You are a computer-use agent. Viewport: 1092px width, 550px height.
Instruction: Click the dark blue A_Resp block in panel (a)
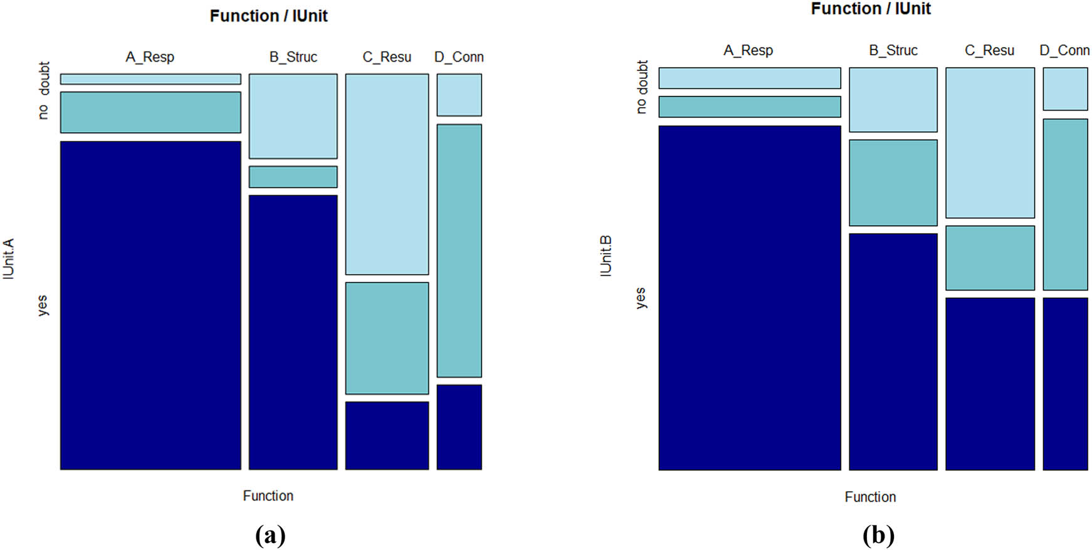150,305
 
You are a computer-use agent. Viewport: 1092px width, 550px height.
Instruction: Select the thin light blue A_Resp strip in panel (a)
150,79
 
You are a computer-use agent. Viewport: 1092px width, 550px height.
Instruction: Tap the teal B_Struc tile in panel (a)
293,177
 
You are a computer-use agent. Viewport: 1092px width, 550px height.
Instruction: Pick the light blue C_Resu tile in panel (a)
387,174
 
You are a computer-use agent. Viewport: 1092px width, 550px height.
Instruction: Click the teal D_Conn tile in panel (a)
459,251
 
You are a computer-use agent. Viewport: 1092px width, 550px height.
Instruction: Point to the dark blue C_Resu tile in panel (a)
387,435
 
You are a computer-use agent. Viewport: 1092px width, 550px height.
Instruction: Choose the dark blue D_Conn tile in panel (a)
459,427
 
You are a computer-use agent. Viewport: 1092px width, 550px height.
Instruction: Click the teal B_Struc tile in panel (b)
893,182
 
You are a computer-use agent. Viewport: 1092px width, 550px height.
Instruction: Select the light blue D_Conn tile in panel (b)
1064,89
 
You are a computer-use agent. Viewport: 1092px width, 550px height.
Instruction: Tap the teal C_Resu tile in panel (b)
990,257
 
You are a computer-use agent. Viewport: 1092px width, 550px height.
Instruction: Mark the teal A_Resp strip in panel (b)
749,106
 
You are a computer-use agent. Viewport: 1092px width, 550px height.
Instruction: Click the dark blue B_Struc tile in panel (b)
893,351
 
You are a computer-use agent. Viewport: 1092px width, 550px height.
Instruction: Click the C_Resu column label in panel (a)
387,57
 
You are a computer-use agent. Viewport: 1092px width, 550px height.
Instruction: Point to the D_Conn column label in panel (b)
1064,50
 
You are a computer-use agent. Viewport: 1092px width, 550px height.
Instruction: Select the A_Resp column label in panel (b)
748,50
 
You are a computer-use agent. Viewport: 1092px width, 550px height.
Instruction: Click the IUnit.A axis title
8,259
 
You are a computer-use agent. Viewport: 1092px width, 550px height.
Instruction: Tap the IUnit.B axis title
606,256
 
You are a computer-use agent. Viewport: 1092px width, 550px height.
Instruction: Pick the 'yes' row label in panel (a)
42,306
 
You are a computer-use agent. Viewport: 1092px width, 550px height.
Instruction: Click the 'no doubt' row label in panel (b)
641,87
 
